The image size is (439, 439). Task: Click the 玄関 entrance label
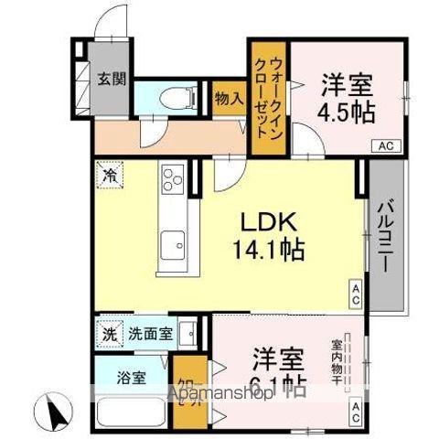point(111,77)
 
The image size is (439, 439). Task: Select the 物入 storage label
point(228,96)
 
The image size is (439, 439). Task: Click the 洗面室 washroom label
point(149,333)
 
